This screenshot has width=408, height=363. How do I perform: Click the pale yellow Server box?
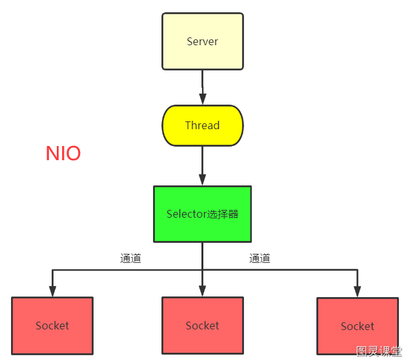click(203, 41)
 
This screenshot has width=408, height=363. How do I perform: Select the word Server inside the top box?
click(203, 42)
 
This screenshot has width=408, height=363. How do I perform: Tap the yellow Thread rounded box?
click(203, 125)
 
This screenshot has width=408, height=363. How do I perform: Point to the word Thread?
click(203, 125)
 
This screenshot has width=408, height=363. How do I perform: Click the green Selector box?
click(203, 214)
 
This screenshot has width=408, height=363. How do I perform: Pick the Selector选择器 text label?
click(203, 214)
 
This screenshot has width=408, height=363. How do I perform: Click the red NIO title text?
click(63, 153)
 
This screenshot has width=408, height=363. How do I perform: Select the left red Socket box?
click(52, 326)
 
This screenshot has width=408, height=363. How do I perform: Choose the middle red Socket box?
click(203, 326)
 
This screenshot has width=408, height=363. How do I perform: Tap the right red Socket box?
click(358, 326)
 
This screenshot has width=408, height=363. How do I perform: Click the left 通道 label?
click(130, 258)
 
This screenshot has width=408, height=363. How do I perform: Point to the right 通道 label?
click(260, 258)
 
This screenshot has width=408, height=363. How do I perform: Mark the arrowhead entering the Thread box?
click(203, 99)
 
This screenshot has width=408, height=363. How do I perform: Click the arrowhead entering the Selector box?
click(203, 180)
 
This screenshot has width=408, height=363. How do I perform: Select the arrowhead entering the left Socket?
click(52, 291)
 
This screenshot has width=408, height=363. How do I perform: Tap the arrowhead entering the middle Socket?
click(203, 291)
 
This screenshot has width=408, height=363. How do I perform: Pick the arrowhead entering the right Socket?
click(357, 292)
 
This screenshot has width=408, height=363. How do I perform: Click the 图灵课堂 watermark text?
click(379, 351)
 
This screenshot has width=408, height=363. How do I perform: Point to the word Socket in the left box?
click(52, 326)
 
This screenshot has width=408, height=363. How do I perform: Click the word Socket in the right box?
click(358, 326)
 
